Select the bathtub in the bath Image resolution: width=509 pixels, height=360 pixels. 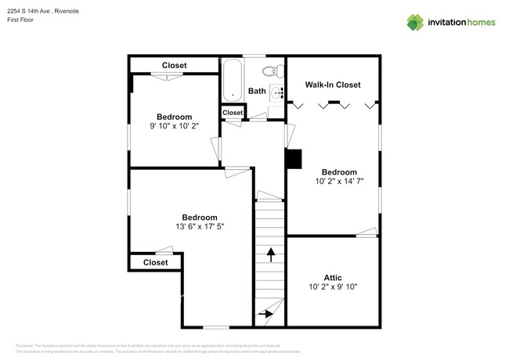[233, 81]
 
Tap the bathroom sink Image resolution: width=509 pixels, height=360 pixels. [277, 92]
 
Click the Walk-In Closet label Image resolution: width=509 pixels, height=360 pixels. [332, 85]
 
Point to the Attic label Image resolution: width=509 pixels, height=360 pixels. [332, 277]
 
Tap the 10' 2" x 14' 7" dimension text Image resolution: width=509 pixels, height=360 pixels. [339, 182]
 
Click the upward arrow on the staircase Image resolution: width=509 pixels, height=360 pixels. [271, 254]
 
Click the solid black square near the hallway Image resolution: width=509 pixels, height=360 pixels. [293, 159]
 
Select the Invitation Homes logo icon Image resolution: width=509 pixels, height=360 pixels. [415, 22]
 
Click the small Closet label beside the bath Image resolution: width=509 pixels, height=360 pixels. [233, 113]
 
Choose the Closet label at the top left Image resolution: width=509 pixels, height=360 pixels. [174, 65]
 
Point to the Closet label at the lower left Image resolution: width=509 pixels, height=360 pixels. [155, 263]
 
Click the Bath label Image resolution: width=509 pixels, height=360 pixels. [257, 92]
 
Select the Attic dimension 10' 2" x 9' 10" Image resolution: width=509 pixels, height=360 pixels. [332, 286]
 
